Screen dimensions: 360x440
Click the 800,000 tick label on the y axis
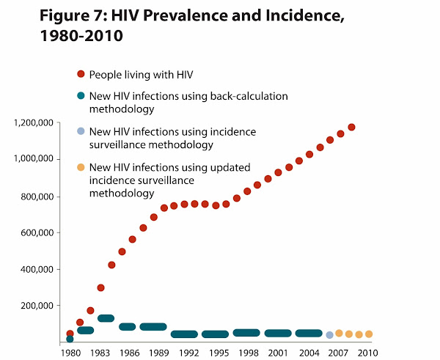39,196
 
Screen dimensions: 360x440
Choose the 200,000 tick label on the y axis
39,306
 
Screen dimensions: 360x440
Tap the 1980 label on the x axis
70,353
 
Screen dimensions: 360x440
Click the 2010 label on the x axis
367,353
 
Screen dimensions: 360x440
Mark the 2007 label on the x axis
337,353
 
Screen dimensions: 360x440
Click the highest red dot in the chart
351,128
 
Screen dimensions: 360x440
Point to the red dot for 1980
70,334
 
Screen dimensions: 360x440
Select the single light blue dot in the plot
329,335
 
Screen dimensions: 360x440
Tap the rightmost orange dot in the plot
369,334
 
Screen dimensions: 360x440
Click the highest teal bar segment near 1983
106,318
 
